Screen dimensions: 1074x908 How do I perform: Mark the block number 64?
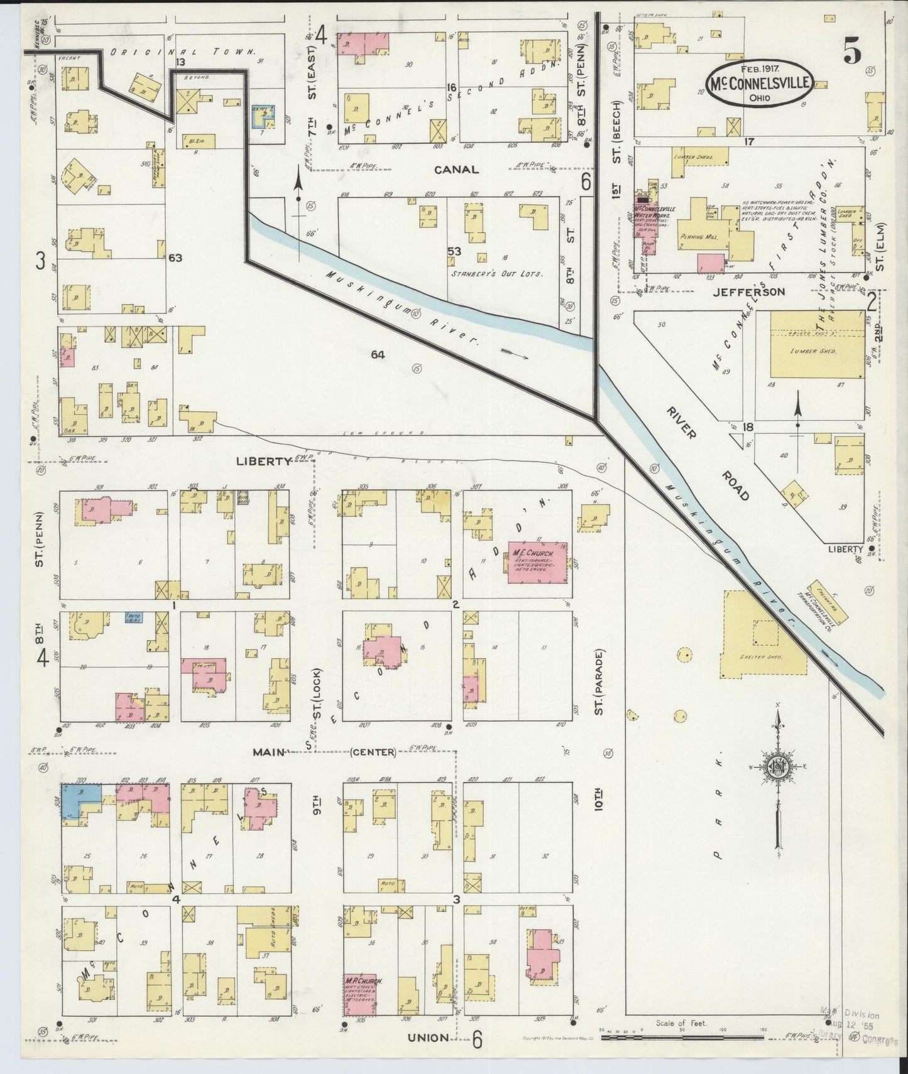pos(378,355)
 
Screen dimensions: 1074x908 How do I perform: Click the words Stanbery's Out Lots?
pos(496,274)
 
